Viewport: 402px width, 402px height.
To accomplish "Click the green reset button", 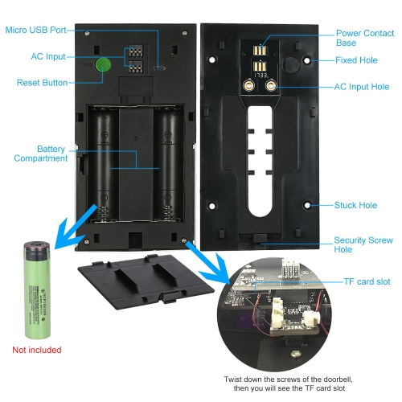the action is (x=103, y=64).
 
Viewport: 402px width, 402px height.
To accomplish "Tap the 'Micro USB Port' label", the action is (x=35, y=30).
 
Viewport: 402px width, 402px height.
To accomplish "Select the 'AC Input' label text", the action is (x=48, y=56).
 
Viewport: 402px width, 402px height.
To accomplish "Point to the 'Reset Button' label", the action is (x=42, y=83).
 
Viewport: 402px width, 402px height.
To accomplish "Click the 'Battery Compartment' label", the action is (x=41, y=154).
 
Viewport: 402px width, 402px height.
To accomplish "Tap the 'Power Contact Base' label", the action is (x=365, y=38).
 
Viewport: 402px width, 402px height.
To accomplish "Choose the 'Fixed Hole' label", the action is (x=356, y=60).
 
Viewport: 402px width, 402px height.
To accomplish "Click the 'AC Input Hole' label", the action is (x=362, y=87).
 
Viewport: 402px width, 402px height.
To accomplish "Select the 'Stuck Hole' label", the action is (x=355, y=205).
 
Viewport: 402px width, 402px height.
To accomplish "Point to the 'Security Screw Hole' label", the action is (x=363, y=244).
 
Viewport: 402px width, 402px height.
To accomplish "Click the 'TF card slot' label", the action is (x=367, y=281).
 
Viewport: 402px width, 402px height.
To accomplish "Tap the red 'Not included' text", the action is (x=37, y=350).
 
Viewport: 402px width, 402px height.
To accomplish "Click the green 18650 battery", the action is (x=37, y=289).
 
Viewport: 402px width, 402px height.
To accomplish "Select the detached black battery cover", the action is (x=146, y=281).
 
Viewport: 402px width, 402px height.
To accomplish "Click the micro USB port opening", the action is (x=159, y=68).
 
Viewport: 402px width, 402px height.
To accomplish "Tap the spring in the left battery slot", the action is (x=104, y=214).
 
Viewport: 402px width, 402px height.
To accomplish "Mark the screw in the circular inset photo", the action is (x=295, y=354).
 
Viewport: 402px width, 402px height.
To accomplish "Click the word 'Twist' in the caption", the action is (x=233, y=379).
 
